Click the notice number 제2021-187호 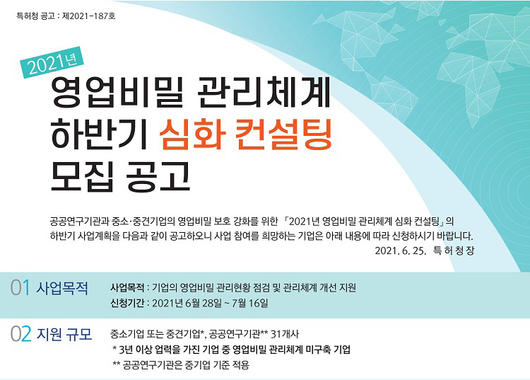point(89,16)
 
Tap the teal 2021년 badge point(52,62)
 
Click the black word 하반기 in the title point(99,134)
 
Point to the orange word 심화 point(193,134)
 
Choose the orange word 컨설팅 point(284,134)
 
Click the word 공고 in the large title point(158,176)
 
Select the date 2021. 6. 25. point(400,251)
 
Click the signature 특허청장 point(454,251)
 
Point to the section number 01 point(20,287)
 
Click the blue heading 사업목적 point(62,288)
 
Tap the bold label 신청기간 point(127,303)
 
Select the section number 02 point(20,334)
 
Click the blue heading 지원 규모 point(64,334)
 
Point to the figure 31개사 point(285,334)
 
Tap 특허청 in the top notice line point(27,16)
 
